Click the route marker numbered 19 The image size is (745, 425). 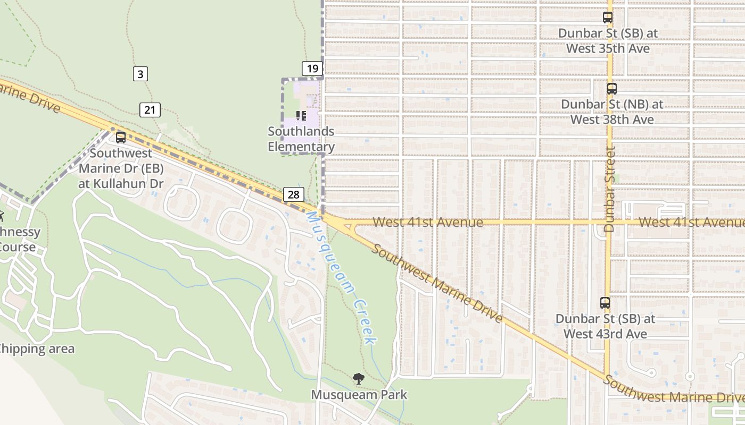312,68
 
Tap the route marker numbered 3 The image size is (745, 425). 140,74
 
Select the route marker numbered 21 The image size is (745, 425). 150,110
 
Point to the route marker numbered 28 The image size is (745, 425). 293,194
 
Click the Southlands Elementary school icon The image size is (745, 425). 301,115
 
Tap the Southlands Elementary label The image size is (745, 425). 301,139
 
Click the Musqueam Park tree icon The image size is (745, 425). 359,378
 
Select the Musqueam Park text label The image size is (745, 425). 359,395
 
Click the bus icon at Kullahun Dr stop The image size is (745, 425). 121,138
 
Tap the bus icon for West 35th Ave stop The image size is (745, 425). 608,18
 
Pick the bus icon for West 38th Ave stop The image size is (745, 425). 612,89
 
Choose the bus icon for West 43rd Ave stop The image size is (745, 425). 605,303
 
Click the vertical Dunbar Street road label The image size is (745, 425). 610,189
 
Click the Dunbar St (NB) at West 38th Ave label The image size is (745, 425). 612,112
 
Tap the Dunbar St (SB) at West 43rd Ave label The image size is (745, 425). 605,326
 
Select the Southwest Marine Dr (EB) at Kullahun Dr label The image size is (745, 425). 121,168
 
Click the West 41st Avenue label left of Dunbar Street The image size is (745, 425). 428,222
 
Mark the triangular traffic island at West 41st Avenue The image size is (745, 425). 349,228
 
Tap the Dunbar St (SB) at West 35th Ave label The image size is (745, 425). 608,40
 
